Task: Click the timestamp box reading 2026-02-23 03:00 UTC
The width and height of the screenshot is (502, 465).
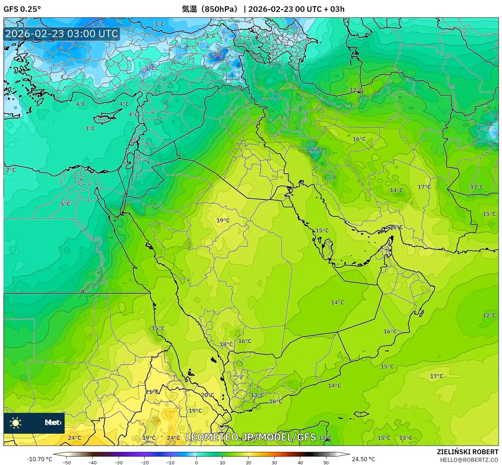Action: click(x=62, y=34)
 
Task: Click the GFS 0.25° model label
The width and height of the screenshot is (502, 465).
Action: click(x=22, y=9)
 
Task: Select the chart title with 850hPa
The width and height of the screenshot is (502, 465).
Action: click(x=263, y=9)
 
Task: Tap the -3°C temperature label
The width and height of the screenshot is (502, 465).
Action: click(x=158, y=24)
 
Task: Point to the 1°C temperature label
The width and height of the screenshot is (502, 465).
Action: click(x=211, y=35)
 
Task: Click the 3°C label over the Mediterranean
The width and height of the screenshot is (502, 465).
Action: click(x=90, y=128)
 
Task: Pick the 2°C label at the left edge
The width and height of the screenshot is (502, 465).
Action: click(x=11, y=170)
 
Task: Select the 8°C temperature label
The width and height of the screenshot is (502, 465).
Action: click(x=316, y=149)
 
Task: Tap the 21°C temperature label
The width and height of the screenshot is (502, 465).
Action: click(x=152, y=392)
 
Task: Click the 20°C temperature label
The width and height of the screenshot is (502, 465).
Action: click(x=208, y=395)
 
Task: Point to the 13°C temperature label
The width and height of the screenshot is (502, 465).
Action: click(x=257, y=395)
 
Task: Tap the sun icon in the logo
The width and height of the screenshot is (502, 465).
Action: click(x=16, y=423)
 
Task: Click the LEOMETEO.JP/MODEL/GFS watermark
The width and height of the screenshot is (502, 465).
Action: click(x=251, y=437)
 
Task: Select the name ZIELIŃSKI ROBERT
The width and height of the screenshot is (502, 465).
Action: click(x=468, y=452)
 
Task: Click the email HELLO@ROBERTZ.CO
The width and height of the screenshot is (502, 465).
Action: click(x=469, y=460)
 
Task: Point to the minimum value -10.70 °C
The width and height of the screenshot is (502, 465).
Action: click(x=39, y=459)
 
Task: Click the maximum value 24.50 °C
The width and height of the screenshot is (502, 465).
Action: click(x=363, y=459)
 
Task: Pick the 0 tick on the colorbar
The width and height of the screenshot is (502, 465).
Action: click(x=196, y=462)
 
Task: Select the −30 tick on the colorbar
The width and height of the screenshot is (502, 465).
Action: click(x=119, y=462)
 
